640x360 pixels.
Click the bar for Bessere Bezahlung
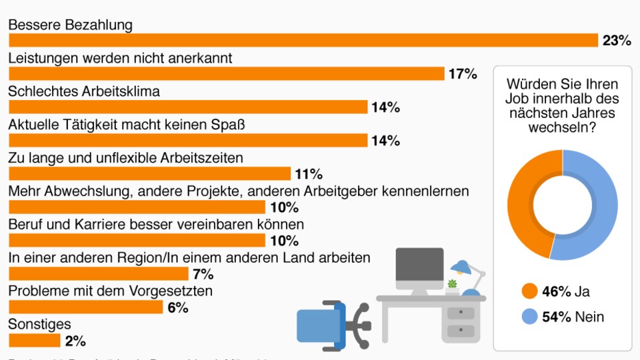303,41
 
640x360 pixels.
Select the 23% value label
616,41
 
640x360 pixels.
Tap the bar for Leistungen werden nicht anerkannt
227,74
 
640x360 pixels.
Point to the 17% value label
463,74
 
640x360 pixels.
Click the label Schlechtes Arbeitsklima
84,91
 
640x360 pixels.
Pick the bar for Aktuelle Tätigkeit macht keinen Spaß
188,141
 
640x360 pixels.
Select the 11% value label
309,175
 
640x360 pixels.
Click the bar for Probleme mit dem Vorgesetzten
86,307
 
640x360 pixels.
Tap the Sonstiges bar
35,341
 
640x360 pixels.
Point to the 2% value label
75,341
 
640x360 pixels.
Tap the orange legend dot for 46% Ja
530,291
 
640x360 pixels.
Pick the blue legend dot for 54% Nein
530,317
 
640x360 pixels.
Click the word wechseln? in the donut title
562,127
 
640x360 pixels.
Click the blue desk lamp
467,273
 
